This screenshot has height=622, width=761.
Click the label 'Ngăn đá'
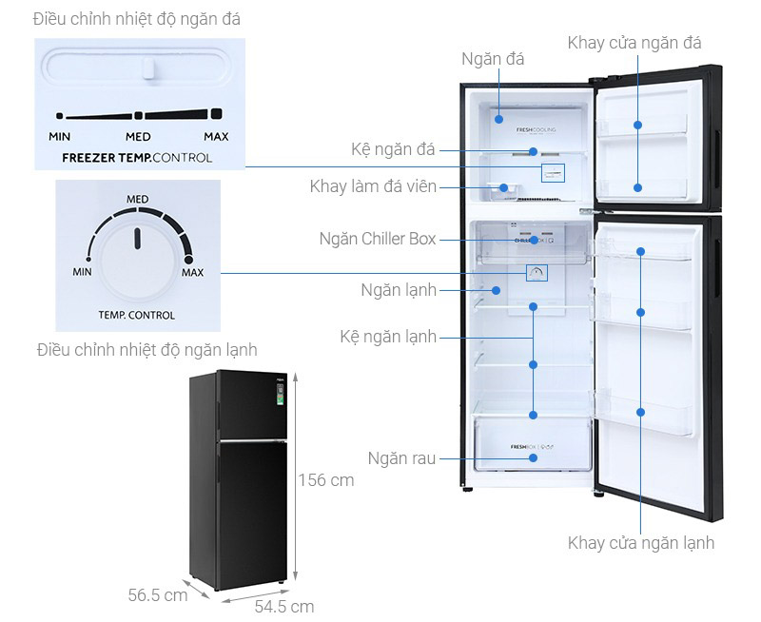point(493,60)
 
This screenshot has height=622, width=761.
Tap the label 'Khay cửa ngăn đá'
point(634,43)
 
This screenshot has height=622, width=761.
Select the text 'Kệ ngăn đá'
point(393,149)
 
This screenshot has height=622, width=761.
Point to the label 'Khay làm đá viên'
point(373,186)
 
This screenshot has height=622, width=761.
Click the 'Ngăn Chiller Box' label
point(378,239)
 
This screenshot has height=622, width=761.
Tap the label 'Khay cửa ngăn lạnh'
point(640,543)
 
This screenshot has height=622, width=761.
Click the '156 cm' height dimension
point(326,480)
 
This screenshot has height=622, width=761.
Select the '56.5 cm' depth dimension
point(158,596)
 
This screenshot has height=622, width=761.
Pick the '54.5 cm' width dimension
point(283,607)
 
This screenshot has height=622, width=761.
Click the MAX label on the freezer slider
point(216,137)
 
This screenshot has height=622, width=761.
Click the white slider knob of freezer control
point(149,69)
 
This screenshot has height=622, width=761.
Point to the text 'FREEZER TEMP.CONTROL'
point(137,158)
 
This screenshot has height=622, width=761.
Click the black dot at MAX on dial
point(187,260)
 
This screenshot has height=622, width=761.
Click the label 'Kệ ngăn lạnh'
point(388,337)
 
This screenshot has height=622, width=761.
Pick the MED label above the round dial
point(138,200)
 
